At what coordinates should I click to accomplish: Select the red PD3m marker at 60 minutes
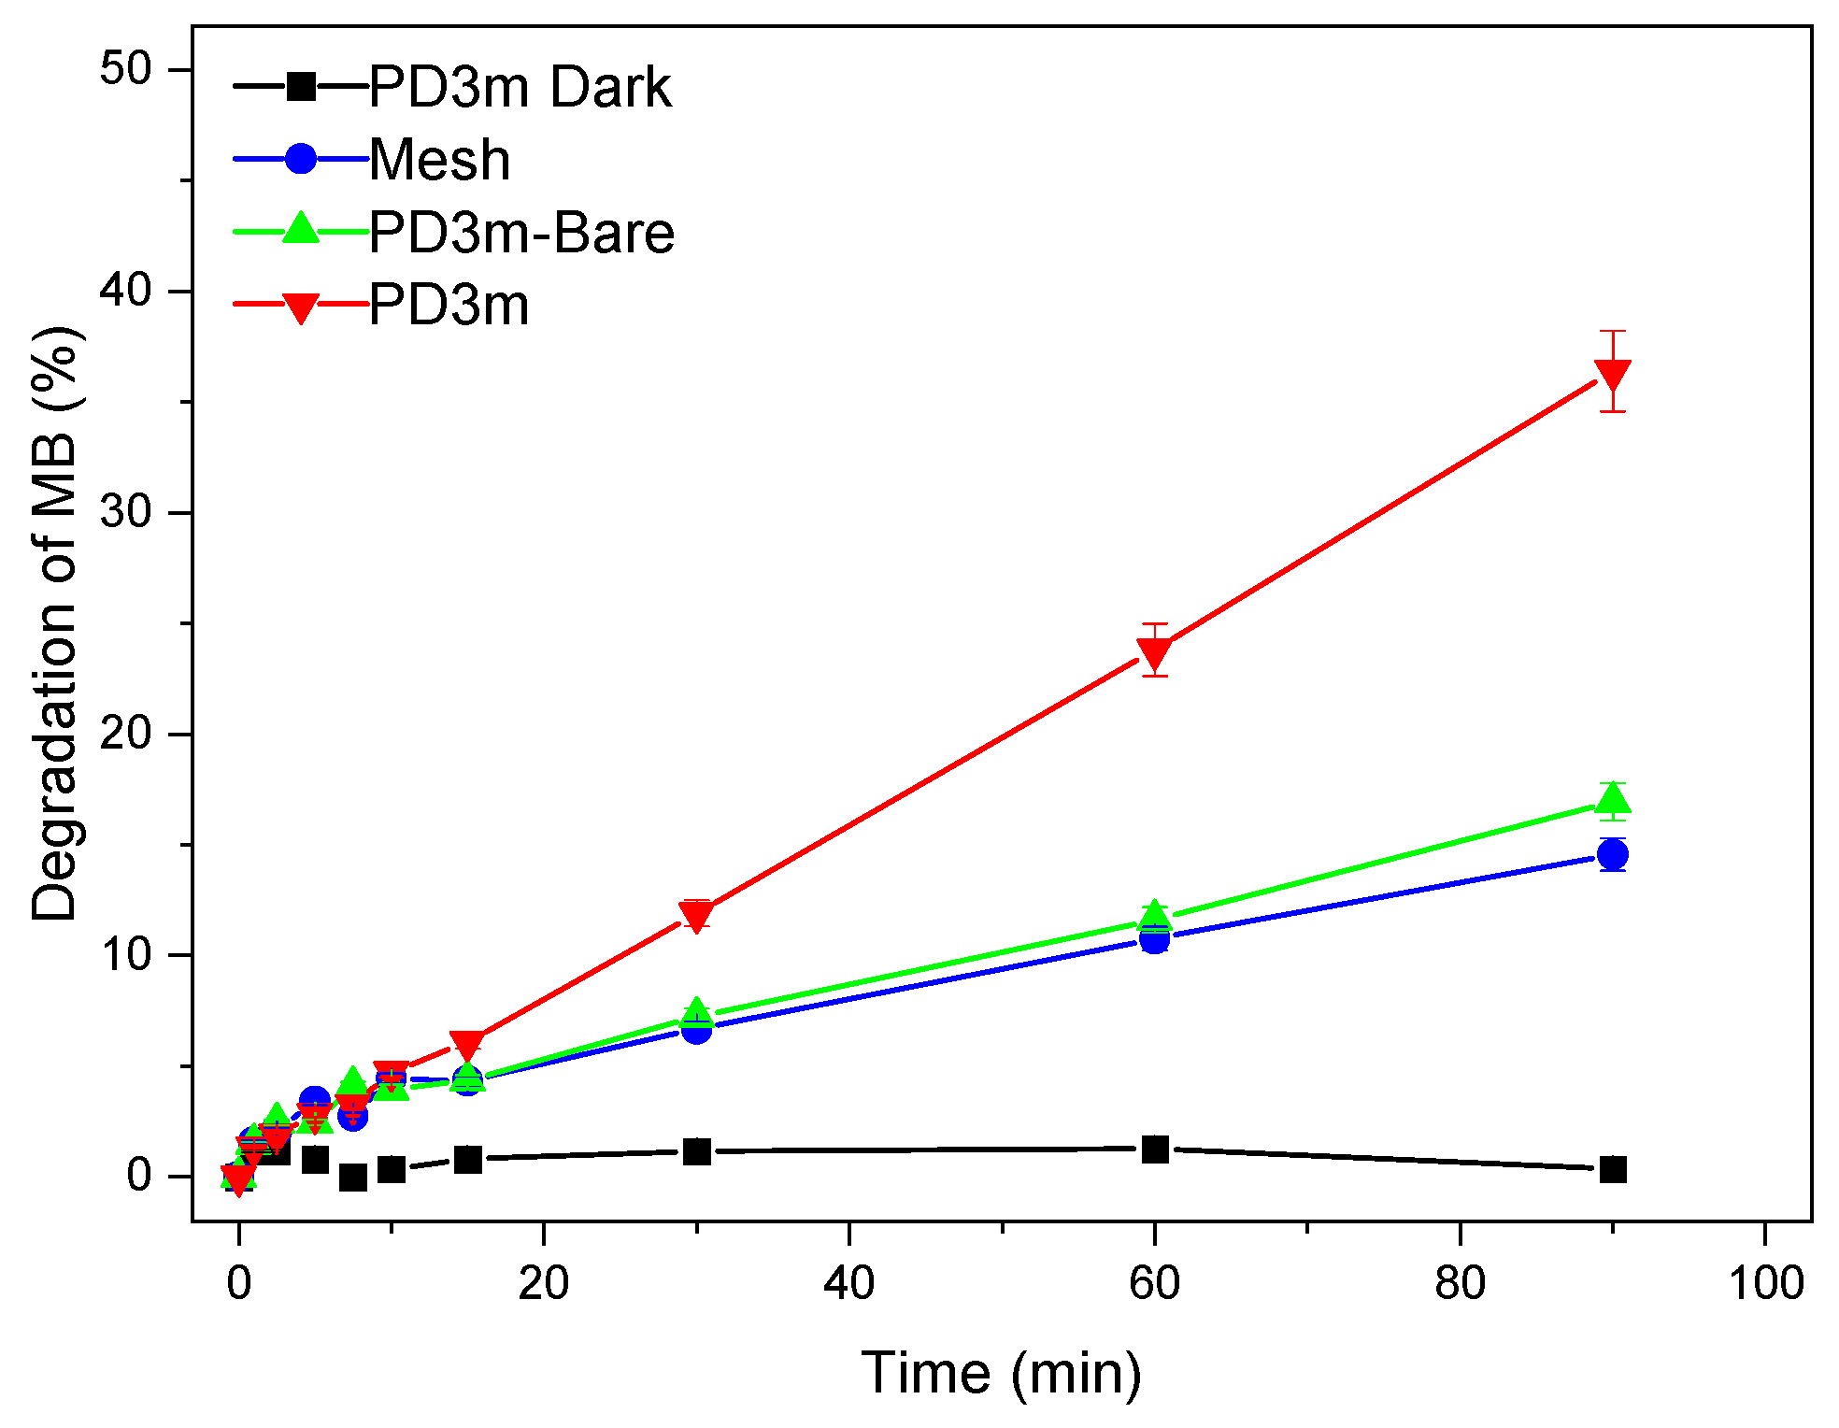(1155, 652)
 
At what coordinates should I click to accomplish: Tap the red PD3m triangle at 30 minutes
(696, 915)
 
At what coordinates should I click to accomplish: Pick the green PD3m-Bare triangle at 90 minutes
(1613, 800)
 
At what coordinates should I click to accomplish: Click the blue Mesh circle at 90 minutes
(1613, 853)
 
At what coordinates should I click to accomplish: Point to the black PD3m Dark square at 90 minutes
(1613, 1169)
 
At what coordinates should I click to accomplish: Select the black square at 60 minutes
(1155, 1149)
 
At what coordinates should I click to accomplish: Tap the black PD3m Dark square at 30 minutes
(696, 1151)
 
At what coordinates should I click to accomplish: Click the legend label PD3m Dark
(520, 88)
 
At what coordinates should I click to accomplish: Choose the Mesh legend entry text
(439, 160)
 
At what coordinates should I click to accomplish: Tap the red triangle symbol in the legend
(301, 307)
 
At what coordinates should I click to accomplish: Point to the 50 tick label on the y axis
(125, 70)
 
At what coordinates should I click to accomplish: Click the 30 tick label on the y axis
(125, 512)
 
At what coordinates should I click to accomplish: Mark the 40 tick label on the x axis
(848, 1283)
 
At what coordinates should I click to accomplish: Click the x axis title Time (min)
(1001, 1373)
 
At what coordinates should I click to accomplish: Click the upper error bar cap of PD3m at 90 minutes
(1613, 331)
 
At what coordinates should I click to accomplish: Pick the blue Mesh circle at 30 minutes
(696, 1030)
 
